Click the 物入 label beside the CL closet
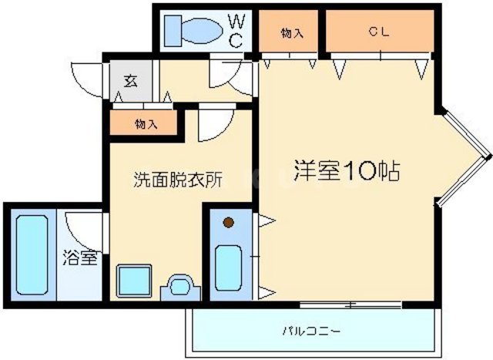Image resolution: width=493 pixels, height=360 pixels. [290, 32]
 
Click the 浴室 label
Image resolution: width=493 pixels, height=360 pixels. [80, 257]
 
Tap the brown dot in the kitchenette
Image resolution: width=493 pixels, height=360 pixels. [228, 224]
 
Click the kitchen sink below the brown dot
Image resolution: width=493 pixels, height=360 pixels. [228, 266]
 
